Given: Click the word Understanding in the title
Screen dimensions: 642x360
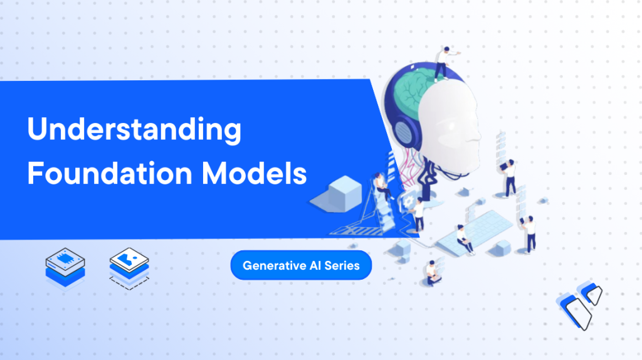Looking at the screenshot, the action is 134,129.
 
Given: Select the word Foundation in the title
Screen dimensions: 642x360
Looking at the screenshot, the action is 110,173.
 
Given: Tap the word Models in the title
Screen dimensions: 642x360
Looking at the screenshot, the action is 255,173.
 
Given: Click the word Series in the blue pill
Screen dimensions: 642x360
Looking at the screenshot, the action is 342,265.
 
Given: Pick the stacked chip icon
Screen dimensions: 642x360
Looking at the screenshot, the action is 65,268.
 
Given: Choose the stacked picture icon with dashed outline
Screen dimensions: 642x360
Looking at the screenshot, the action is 129,268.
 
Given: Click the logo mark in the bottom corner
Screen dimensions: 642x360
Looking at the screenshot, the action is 579,305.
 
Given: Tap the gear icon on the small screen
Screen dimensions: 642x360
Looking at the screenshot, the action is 408,201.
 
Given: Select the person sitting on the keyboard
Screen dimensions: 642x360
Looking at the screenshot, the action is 465,240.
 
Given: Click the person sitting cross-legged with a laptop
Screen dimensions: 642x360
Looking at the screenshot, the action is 432,273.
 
